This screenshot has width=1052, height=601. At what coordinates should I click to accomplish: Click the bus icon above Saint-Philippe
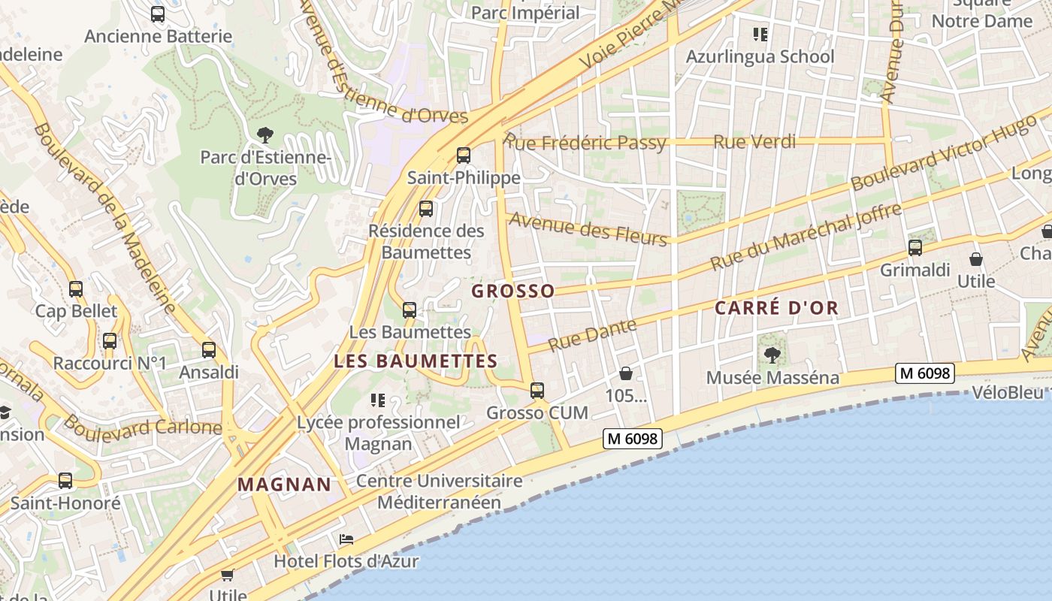[x=464, y=156]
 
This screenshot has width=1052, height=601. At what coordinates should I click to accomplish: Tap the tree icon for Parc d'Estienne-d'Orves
[x=265, y=135]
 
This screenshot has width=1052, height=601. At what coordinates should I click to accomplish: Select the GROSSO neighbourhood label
[x=513, y=291]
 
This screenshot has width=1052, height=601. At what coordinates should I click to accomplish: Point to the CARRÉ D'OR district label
[x=776, y=308]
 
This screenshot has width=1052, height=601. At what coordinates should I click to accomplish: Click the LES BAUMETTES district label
[x=416, y=361]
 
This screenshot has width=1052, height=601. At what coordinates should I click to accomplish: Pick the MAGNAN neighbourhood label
[x=284, y=485]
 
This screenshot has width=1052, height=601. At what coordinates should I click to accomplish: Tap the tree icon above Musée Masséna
[x=772, y=355]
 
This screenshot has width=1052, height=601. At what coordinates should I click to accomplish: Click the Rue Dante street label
[x=592, y=335]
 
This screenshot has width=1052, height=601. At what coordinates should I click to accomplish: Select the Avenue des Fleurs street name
[x=588, y=228]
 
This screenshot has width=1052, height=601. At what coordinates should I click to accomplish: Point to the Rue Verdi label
[x=754, y=142]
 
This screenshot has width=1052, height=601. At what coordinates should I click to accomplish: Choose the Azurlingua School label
[x=760, y=56]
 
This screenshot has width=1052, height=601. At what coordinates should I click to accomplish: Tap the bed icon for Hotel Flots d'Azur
[x=346, y=539]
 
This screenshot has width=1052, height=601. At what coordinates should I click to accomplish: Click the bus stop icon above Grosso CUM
[x=537, y=390]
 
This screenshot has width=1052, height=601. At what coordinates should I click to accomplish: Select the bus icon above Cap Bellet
[x=76, y=288]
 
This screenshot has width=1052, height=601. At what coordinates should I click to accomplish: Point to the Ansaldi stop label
[x=209, y=372]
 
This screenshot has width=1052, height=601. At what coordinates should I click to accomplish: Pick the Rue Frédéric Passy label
[x=586, y=142]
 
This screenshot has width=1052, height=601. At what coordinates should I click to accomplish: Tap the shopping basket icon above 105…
[x=626, y=373]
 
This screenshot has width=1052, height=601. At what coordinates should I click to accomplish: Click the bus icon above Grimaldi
[x=914, y=247]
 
